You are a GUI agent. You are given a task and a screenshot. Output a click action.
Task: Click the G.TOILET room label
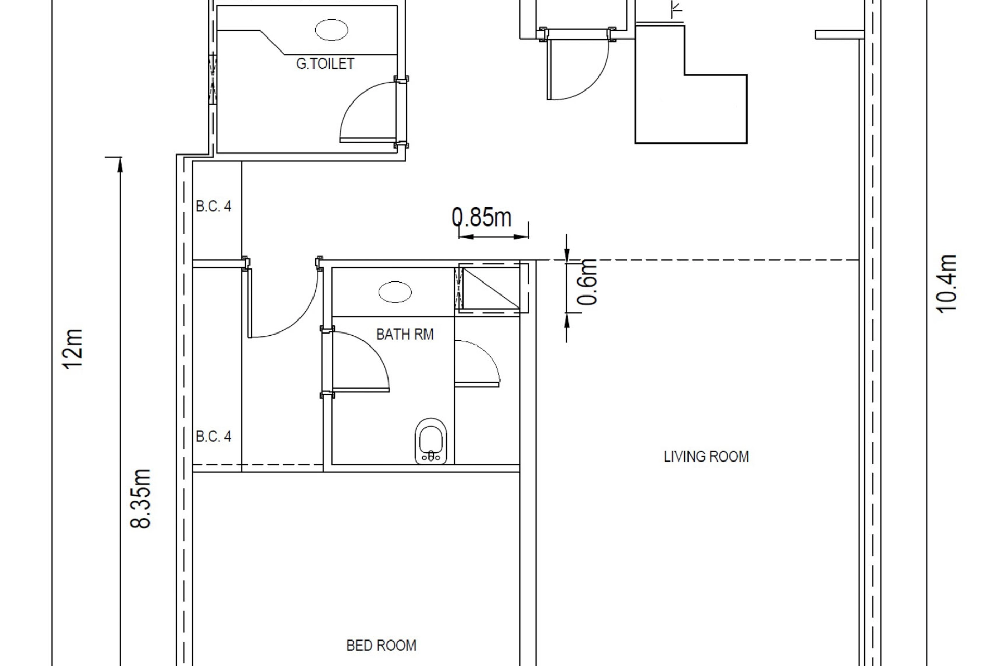point(325,63)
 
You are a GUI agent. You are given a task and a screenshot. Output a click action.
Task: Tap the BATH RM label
point(405,334)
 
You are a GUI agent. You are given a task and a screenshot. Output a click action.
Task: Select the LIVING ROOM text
point(706,457)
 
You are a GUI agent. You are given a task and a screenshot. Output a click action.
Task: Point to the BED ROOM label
point(381,646)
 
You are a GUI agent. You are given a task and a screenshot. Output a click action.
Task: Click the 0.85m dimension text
point(482,217)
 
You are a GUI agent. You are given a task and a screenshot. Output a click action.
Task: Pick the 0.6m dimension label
point(587,281)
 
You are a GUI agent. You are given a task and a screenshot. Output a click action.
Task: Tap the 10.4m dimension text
point(947,283)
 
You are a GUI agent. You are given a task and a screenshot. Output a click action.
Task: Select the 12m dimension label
point(73,349)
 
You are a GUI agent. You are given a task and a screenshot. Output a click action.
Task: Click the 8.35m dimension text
point(141,498)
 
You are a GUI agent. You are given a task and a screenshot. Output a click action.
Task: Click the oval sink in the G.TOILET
point(332,30)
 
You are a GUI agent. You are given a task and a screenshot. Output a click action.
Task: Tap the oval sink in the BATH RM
point(395,292)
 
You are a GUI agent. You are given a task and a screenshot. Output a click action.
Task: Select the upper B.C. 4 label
point(214,207)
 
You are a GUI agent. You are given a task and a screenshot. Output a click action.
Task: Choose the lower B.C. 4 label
point(214,436)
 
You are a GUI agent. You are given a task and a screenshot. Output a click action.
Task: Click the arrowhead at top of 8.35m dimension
point(120,165)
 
